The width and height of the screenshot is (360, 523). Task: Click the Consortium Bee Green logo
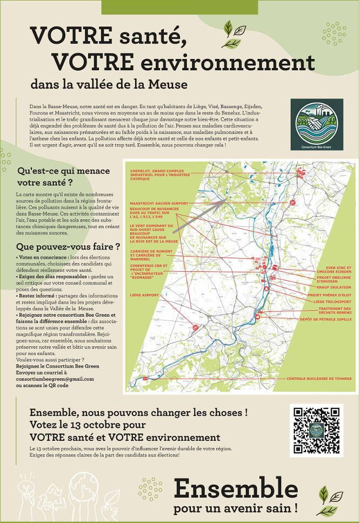coord(316,124)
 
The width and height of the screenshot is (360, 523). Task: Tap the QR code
coord(316,430)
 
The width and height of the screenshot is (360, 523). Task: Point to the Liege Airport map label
coord(144,296)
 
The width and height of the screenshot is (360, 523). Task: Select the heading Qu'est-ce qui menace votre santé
coord(63,177)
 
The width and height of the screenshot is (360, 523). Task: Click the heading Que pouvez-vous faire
coord(68,247)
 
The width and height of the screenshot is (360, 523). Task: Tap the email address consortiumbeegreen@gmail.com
coord(55,379)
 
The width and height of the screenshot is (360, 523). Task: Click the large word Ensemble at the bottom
coord(236,489)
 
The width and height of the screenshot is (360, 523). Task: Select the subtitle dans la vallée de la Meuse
coord(109,85)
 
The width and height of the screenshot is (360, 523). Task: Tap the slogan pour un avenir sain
coord(236,508)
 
